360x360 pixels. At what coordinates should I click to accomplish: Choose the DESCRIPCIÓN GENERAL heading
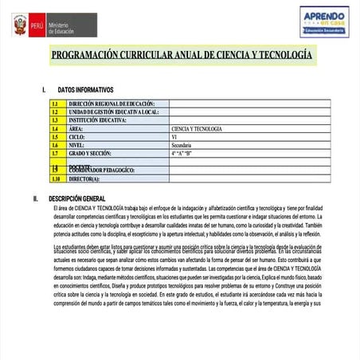[88, 198]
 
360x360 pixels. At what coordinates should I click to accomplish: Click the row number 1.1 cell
[55, 104]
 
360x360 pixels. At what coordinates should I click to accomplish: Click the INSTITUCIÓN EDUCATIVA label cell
[99, 120]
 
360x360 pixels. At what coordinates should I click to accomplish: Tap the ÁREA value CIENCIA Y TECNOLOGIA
[197, 128]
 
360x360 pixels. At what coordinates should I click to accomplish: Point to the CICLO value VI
[174, 137]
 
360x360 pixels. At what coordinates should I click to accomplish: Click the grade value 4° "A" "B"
[182, 153]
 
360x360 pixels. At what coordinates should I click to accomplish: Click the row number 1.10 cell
[55, 179]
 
